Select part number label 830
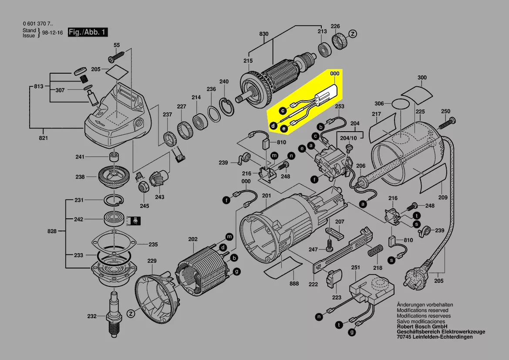coord(264,34)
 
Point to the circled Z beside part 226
coord(353,33)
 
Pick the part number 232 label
coord(92,316)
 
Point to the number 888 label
coord(294,284)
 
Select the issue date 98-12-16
coord(52,33)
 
